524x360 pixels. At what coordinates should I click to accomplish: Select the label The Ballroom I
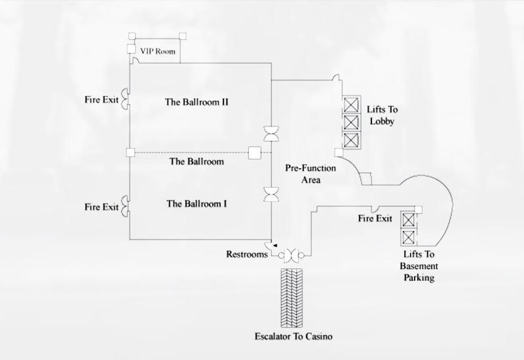(x=196, y=204)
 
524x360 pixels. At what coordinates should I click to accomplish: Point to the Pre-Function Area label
(x=311, y=173)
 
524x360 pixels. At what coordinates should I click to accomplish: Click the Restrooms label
(x=247, y=255)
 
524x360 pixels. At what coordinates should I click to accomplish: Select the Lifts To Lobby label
(x=383, y=115)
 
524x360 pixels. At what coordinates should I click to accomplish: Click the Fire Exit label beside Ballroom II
(x=102, y=101)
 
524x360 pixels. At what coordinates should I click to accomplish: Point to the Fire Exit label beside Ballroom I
(x=102, y=207)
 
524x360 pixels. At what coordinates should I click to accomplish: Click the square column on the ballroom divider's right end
(x=255, y=154)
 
